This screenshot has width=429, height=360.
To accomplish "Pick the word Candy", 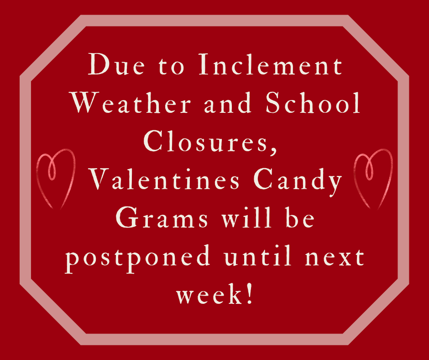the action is click(x=298, y=181).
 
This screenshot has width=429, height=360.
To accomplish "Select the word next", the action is click(x=335, y=258).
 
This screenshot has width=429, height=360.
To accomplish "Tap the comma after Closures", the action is click(x=273, y=151).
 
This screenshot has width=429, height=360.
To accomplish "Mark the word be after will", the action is click(x=299, y=217).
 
